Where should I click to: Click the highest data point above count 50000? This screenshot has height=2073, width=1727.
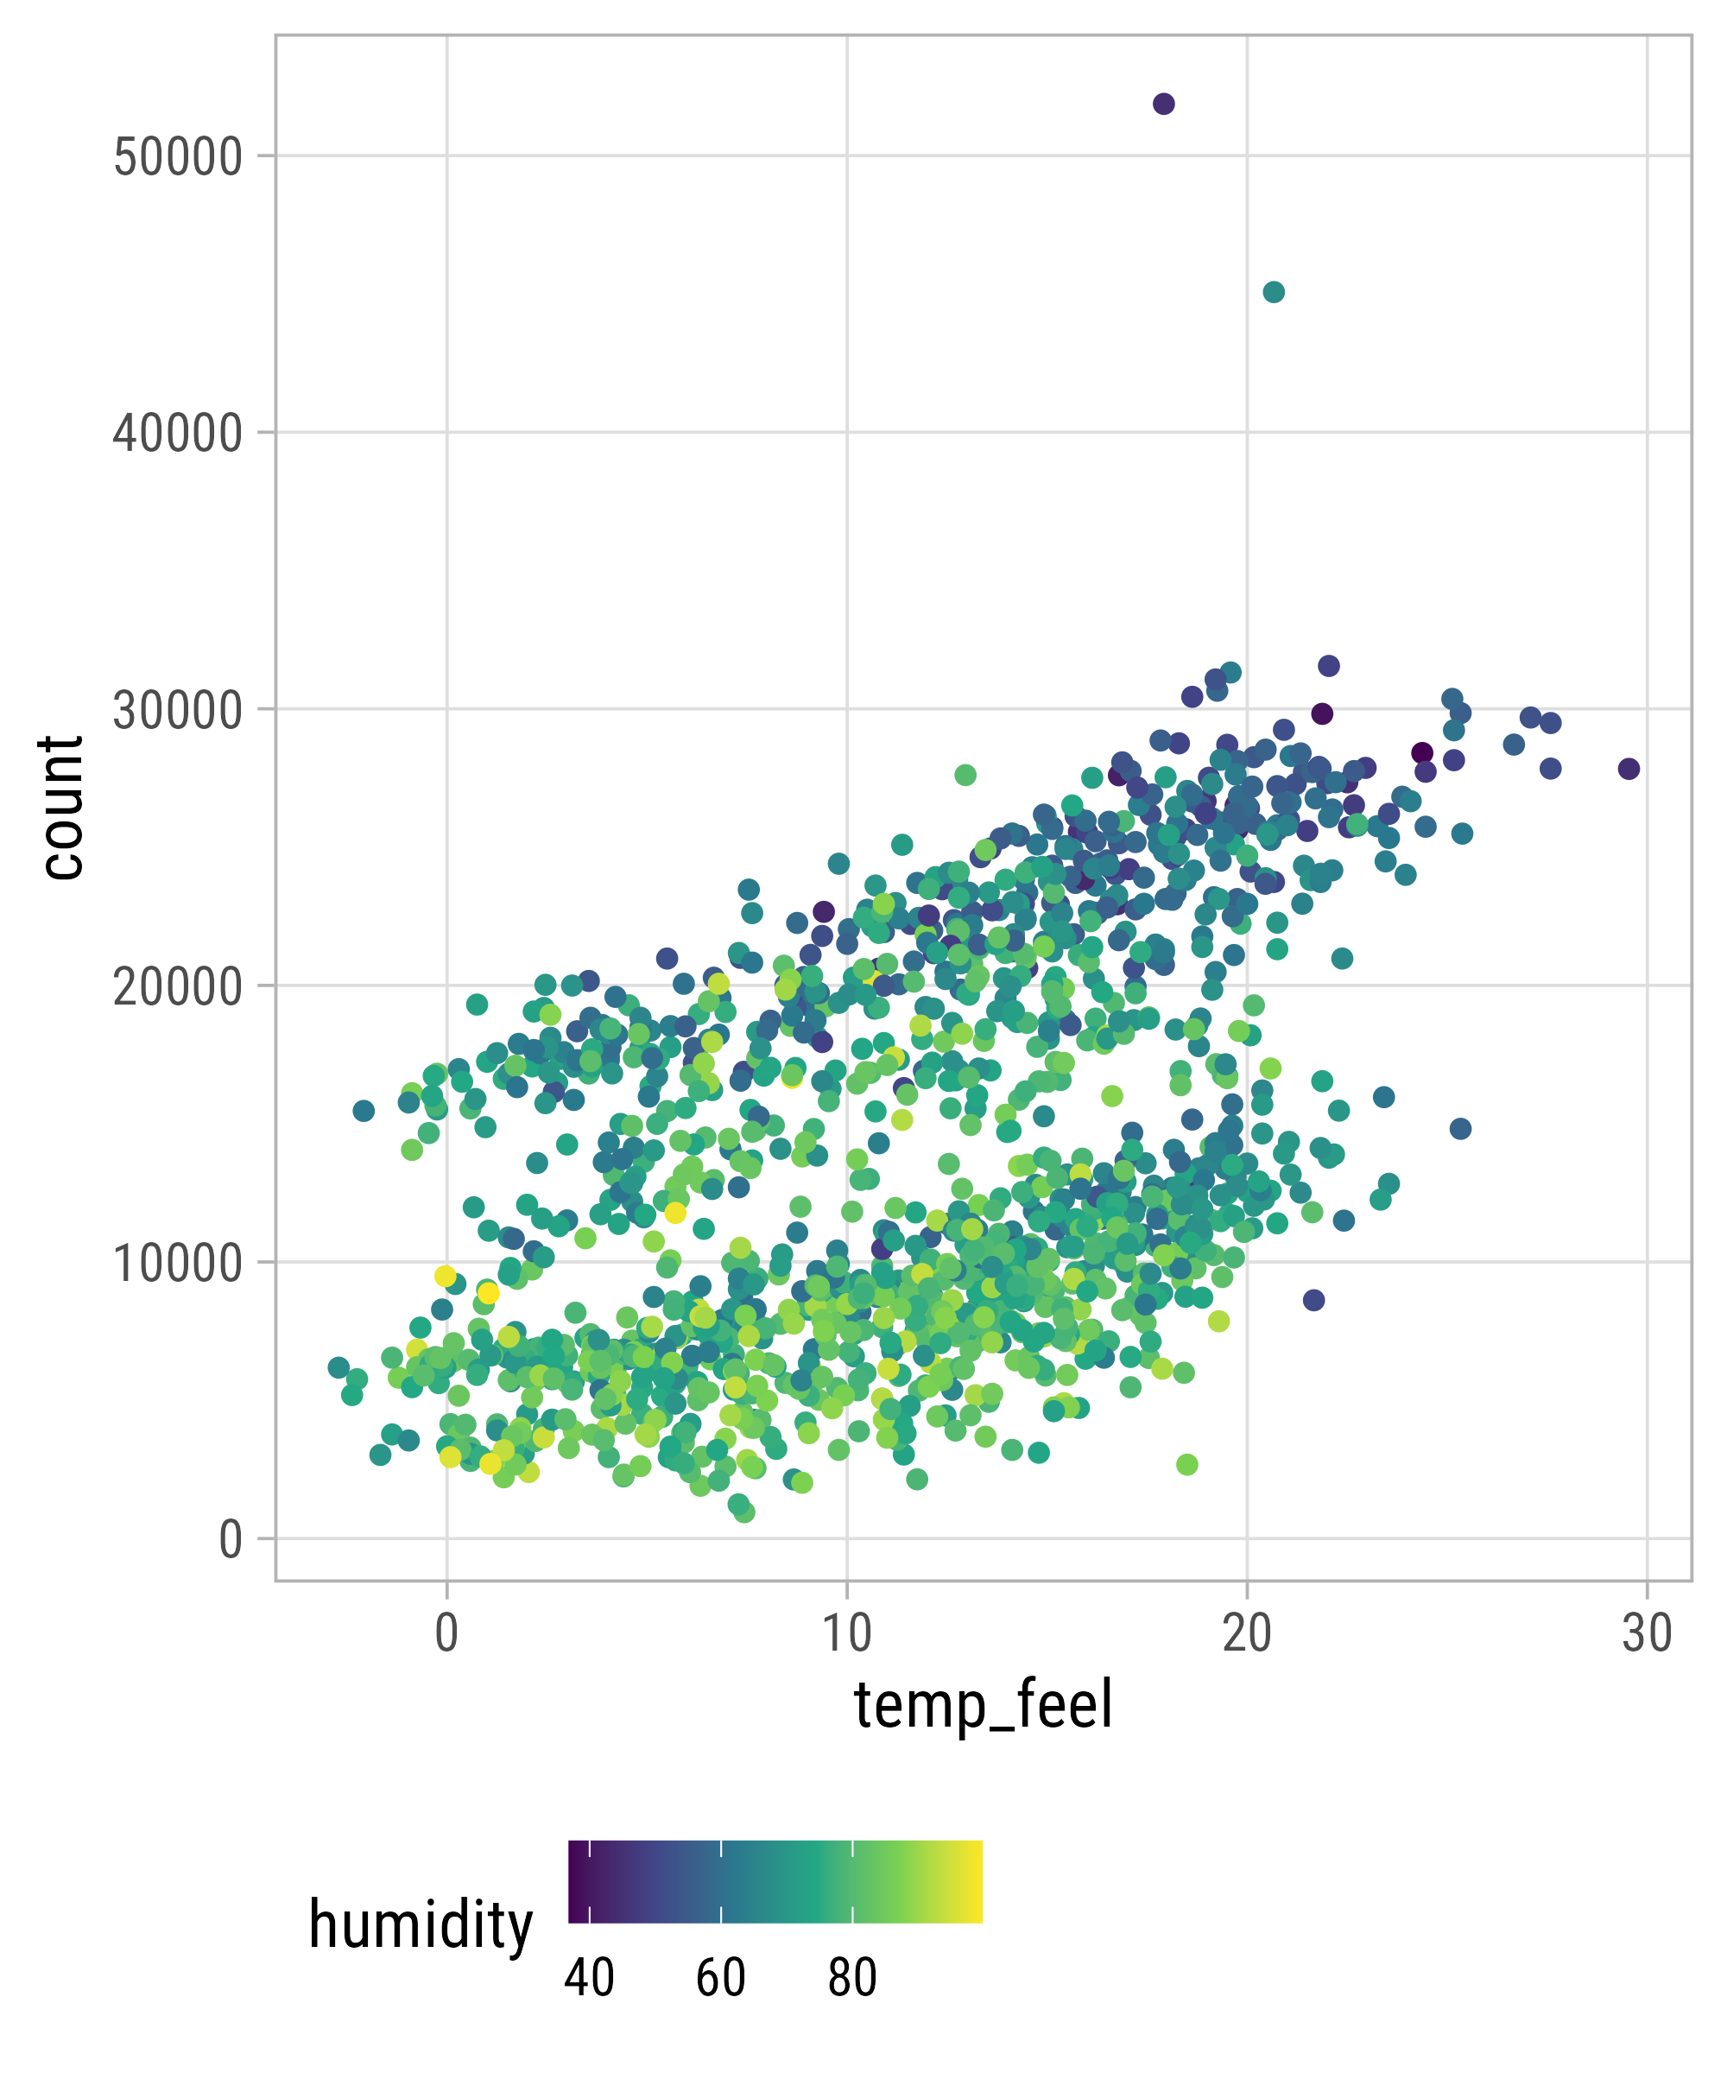tap(1163, 104)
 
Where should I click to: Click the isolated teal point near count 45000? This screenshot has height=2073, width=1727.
tap(1274, 292)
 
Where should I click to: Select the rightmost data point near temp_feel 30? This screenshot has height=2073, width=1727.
tap(1629, 769)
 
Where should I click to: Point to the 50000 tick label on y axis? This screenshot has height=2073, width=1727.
tap(178, 157)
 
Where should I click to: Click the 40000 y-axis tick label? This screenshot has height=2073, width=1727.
tap(178, 434)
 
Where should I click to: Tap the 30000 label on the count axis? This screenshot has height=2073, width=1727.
tap(178, 711)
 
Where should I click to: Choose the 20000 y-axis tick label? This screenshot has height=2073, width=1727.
tap(178, 987)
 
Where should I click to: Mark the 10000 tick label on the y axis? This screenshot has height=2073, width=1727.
tap(178, 1264)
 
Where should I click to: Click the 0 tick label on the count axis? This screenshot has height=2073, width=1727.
tap(230, 1540)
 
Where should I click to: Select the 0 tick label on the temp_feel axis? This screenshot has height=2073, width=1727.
tap(446, 1633)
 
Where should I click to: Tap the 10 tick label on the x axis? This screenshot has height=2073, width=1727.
tap(847, 1633)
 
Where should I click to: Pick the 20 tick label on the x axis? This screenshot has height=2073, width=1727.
tap(1246, 1633)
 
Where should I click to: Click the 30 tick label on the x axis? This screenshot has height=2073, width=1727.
tap(1646, 1633)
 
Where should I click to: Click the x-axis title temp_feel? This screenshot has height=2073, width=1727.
tap(983, 1706)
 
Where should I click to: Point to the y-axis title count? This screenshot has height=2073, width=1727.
tap(61, 807)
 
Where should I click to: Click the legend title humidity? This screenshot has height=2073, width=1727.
tap(421, 1926)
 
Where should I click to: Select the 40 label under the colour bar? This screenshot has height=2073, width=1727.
tap(589, 1978)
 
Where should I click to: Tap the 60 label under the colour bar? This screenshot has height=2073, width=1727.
tap(720, 1978)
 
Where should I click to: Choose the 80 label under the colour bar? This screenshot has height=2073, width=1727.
tap(852, 1978)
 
